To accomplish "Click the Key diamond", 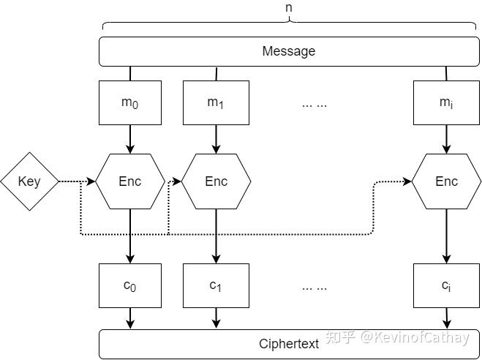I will [x=29, y=181].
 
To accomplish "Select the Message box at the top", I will [x=289, y=51].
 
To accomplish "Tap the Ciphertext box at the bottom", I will [x=289, y=344].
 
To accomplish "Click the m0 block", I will [x=130, y=102].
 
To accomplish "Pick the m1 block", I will [x=216, y=102].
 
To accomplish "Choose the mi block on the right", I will [x=446, y=102].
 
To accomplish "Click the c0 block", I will [x=130, y=285].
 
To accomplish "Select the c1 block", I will [x=216, y=285].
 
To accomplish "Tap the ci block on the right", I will [x=446, y=285].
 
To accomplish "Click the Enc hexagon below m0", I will [x=130, y=181].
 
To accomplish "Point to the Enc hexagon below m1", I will [x=216, y=181].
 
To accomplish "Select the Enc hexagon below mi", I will [x=446, y=181].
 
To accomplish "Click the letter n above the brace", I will [x=289, y=7].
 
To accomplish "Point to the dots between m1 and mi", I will [x=315, y=104].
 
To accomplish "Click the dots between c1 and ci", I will [x=315, y=287].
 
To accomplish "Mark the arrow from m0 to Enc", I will [x=130, y=139].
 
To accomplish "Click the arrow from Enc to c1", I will [x=216, y=236].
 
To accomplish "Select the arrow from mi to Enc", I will [x=446, y=139].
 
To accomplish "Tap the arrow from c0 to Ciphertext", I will [x=130, y=318].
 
